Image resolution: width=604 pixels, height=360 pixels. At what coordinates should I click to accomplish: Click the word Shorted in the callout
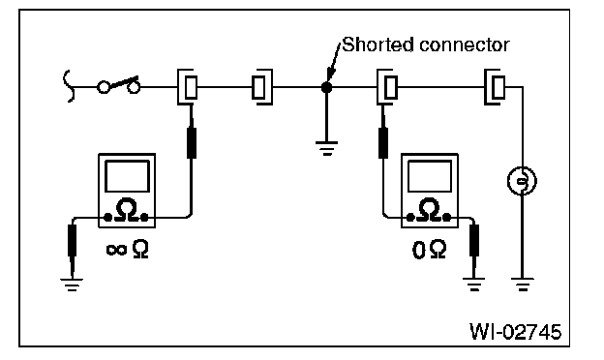coord(378,45)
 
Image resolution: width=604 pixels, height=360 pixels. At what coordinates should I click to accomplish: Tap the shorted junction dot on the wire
coord(326,88)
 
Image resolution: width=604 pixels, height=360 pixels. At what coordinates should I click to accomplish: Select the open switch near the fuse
coord(118,85)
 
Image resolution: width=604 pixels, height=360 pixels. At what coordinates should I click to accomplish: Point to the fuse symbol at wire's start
coord(68,86)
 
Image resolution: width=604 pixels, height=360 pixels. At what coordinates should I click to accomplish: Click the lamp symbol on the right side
coord(522,181)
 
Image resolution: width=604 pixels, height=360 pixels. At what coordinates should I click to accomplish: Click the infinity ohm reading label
coord(127,249)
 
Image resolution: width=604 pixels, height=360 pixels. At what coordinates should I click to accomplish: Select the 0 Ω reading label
coord(429,250)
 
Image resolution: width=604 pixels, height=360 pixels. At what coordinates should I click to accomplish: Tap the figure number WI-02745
coord(516,332)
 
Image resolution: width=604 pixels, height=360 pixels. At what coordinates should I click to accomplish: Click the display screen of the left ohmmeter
coord(127,176)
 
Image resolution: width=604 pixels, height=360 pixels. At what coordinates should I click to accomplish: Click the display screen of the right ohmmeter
coord(430,176)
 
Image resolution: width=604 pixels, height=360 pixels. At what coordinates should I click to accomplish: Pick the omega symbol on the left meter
coord(127,210)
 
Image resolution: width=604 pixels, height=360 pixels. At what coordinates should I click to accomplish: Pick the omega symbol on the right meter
coord(429,210)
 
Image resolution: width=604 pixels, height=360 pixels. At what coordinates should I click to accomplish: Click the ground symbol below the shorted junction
coord(326,148)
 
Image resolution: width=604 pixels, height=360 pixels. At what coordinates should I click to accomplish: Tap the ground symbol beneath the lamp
coord(523,285)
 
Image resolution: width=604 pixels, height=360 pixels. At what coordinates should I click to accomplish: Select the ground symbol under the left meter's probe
coord(72,285)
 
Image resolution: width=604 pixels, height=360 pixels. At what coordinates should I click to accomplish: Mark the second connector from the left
coord(262,87)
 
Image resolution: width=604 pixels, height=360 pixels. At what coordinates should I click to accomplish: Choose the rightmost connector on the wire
coord(495,87)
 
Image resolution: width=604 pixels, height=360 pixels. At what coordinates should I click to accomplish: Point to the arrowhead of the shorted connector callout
coord(330,75)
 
